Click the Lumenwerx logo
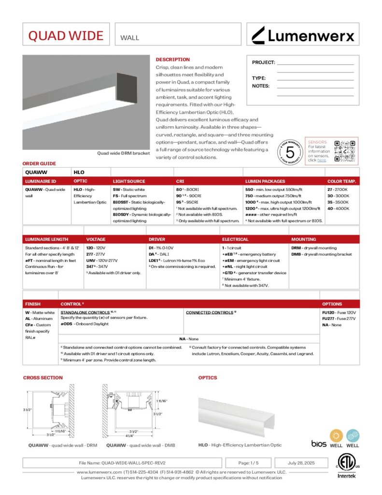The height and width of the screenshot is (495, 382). click(303, 35)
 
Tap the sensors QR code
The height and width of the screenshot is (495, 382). click(345, 151)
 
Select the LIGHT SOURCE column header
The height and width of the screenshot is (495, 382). click(129, 181)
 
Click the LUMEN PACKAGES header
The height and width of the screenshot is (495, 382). click(265, 181)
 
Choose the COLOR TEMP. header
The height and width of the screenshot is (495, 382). click(342, 181)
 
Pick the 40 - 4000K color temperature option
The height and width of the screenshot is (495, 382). click(338, 208)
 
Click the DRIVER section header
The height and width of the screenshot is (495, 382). click(157, 239)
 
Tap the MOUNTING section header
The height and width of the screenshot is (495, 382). click(304, 239)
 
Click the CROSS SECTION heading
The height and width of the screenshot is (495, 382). click(43, 378)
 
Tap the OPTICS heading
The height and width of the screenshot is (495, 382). click(208, 378)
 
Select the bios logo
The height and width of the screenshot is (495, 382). click(319, 444)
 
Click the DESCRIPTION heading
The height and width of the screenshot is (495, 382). click(172, 59)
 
